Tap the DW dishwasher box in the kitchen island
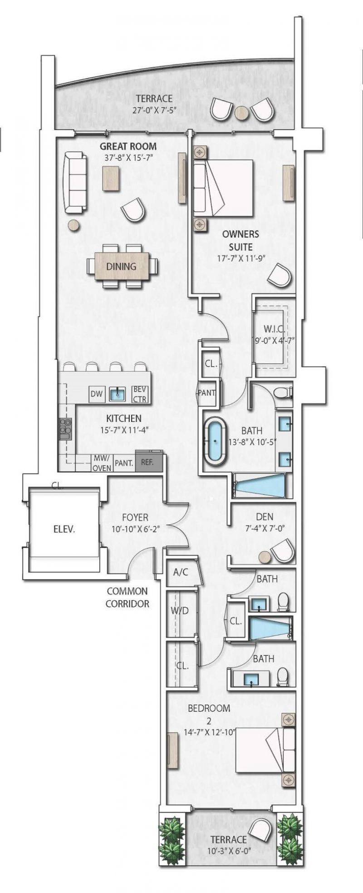tap(96, 394)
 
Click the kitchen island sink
tap(118, 394)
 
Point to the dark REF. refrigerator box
tap(147, 462)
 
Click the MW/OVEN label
tap(102, 463)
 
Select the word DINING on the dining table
tap(121, 267)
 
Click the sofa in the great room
tap(75, 182)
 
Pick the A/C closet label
tap(180, 572)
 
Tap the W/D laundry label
tap(179, 611)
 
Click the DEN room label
tap(265, 516)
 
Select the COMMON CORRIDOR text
tap(127, 597)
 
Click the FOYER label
tap(135, 517)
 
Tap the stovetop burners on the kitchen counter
tap(64, 429)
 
